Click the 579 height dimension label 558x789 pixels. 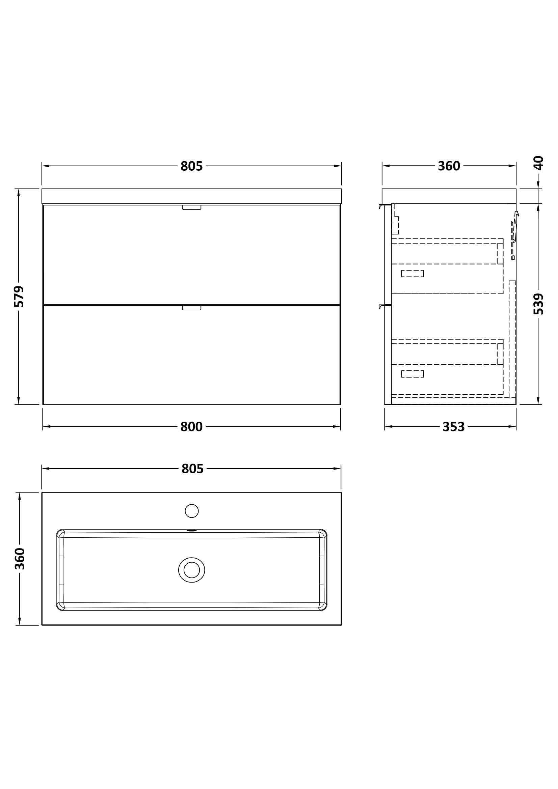19,296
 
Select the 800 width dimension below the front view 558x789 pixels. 191,427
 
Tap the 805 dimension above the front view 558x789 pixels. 191,166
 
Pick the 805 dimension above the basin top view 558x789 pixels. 192,469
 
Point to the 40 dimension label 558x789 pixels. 538,163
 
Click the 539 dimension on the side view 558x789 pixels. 538,304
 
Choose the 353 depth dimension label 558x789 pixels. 453,427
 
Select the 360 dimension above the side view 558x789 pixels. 449,166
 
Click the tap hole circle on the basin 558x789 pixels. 191,511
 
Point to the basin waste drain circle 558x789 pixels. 191,570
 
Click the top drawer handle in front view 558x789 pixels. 191,207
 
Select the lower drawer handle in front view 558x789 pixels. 191,308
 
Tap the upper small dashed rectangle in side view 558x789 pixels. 412,274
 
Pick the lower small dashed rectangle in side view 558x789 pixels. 412,374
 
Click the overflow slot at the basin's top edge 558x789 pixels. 191,531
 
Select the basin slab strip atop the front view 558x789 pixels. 191,196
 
